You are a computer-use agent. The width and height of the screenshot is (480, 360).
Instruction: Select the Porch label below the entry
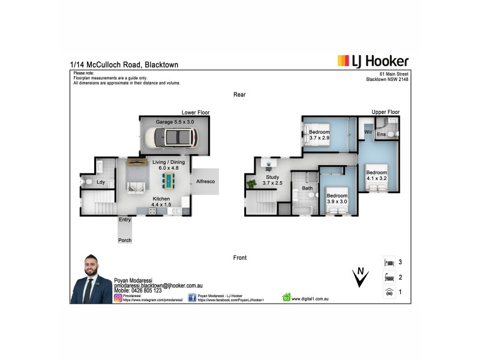[125, 241]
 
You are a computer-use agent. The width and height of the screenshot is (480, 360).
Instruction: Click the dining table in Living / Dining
[170, 181]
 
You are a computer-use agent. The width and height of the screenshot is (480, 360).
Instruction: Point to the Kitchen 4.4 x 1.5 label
[161, 202]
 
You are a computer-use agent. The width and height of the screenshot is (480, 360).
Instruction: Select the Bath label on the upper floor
[307, 188]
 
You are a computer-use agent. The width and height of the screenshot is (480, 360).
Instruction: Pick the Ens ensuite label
[382, 135]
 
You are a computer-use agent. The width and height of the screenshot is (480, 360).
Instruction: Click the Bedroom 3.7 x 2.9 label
[319, 135]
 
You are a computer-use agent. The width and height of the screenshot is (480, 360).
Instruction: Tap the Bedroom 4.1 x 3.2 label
[377, 175]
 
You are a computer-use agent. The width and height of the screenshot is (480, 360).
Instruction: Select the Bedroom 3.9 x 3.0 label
[337, 199]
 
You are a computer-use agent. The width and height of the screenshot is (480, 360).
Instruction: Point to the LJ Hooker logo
[373, 61]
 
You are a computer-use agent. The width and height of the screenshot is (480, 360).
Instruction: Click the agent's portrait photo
[92, 283]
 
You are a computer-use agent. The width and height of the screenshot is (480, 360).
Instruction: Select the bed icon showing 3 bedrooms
[389, 263]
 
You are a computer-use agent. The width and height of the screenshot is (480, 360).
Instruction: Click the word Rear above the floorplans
[240, 95]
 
